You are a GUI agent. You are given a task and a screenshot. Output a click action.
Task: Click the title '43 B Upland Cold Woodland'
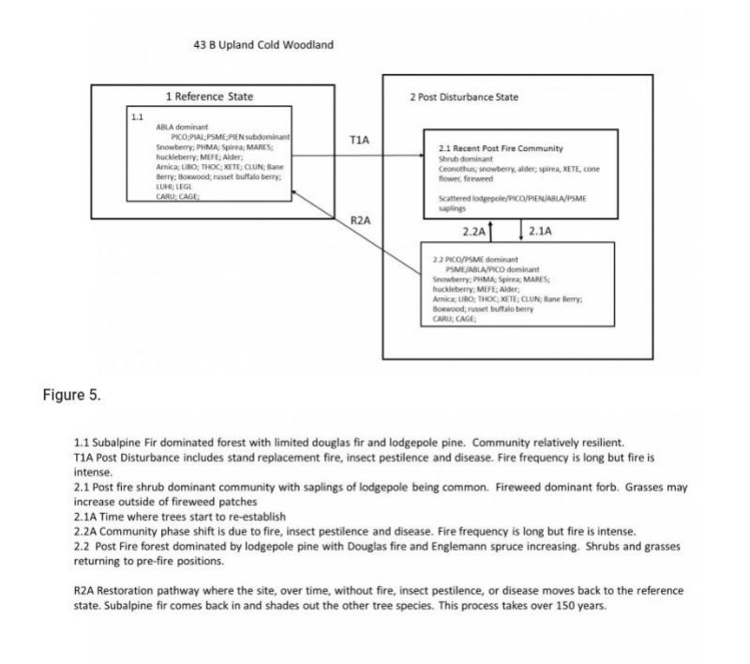point(262,45)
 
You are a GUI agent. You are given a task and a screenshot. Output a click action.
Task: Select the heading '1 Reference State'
point(209,97)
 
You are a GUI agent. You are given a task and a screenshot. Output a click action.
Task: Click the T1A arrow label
point(359,140)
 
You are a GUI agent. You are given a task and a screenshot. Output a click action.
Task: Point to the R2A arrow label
point(361,220)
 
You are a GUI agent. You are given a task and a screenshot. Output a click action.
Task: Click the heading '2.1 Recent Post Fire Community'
point(501,148)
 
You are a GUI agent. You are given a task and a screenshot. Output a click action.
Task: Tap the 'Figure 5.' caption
point(71,394)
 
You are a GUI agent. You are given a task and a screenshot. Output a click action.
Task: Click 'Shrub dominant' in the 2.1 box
point(459,158)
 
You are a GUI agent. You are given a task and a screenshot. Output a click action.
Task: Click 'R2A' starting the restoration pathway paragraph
point(84,591)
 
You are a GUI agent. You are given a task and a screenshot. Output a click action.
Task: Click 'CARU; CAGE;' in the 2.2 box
point(454,319)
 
